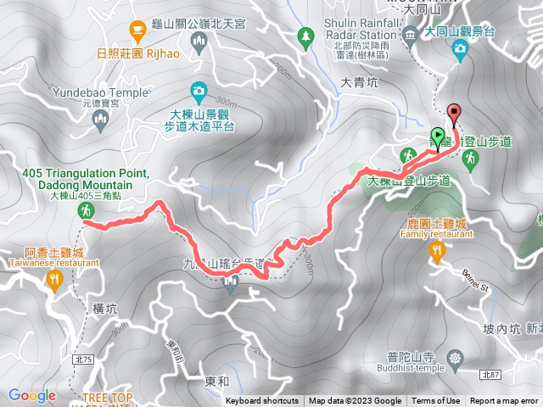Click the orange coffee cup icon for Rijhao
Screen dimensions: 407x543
click(137, 31)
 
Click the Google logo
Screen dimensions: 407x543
click(32, 395)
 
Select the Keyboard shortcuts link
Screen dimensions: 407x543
click(262, 401)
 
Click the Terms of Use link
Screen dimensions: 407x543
click(436, 401)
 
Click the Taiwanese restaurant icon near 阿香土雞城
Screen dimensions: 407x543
click(56, 281)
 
